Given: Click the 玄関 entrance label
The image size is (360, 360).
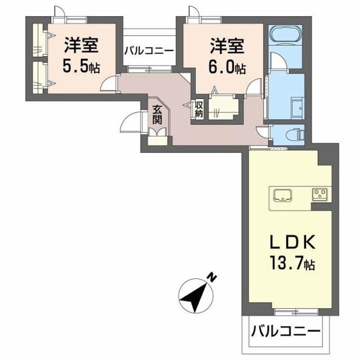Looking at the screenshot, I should click(157, 114).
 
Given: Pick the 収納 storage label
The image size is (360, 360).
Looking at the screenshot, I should click(199, 109).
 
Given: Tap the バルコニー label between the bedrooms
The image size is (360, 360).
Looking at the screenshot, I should click(149, 51).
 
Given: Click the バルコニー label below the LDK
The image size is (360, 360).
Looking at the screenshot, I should click(285, 330).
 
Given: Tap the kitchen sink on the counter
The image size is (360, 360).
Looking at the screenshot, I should click(283, 194).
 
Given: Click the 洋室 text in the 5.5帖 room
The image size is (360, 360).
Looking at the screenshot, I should click(82, 45).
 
